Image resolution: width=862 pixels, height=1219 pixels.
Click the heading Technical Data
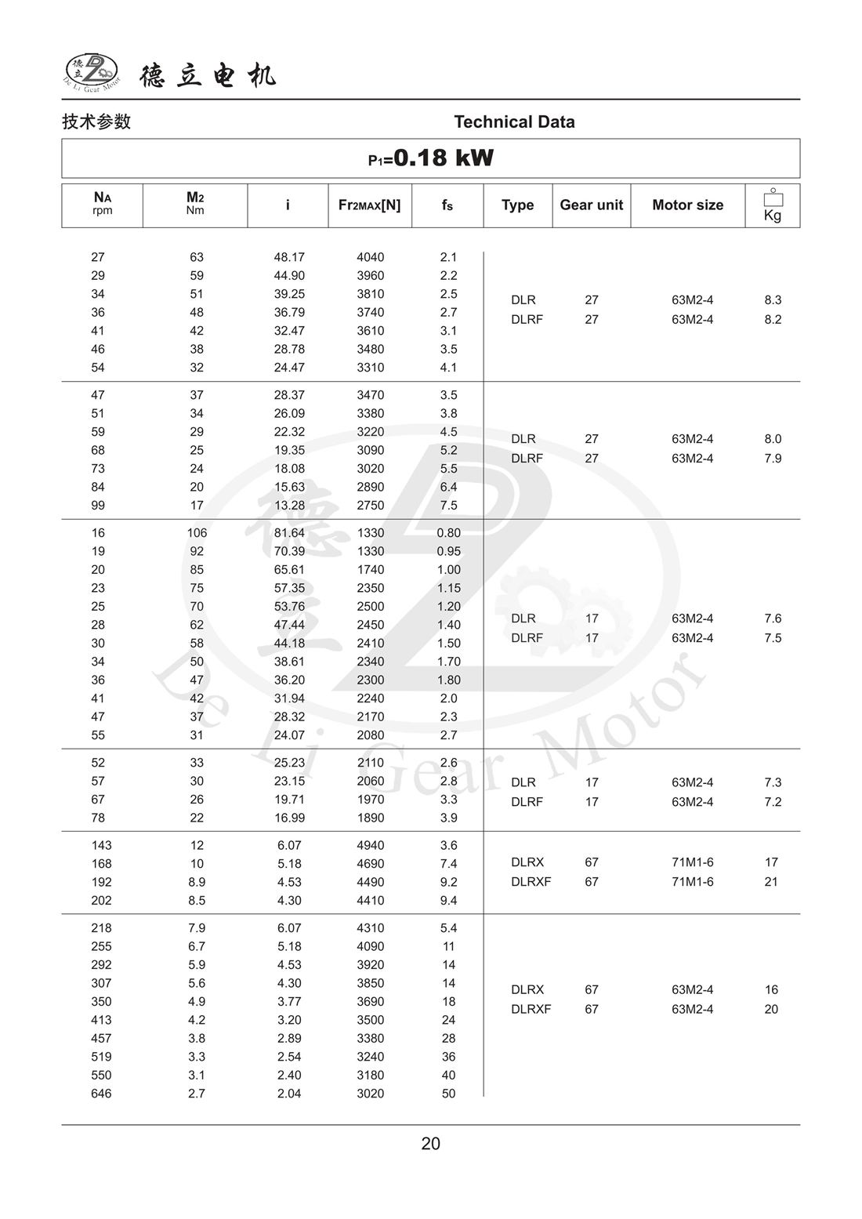514,122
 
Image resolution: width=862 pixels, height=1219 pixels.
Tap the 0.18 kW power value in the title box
443,158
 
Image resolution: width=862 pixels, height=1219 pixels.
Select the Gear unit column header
591,205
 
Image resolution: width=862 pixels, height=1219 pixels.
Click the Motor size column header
687,205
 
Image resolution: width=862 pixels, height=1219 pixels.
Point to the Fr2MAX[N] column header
369,205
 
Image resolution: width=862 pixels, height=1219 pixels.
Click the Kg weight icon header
773,205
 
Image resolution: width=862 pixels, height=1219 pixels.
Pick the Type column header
517,205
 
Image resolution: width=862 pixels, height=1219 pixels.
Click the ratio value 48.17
289,257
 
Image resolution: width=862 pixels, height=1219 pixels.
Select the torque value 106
197,533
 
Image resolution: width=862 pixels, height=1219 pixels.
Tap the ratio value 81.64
289,533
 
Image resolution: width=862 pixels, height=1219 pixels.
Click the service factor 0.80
448,533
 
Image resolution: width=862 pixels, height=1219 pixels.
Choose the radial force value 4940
370,845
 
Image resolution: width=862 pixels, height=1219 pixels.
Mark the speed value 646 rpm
101,1094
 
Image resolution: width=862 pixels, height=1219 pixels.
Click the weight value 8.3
773,299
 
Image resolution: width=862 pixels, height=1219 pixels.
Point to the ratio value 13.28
289,506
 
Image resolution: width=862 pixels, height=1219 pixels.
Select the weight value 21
771,882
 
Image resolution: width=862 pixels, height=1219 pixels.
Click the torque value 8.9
197,882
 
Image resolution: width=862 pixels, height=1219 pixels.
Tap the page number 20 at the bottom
430,1144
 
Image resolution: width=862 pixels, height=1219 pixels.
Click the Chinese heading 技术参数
96,122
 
